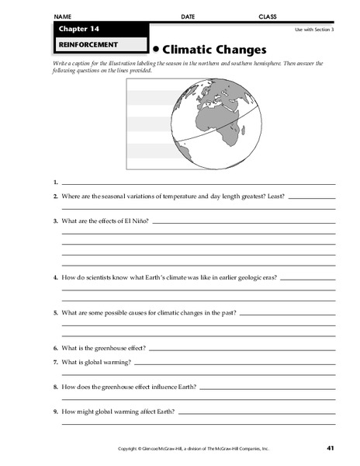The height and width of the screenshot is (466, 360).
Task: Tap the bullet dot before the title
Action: pos(155,49)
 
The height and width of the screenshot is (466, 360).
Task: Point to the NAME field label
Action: pos(63,16)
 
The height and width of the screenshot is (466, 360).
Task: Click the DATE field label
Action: pos(188,16)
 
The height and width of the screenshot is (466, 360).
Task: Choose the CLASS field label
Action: pos(268,16)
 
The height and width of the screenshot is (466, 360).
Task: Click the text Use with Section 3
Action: pos(314,30)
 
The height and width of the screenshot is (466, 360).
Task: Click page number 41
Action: pos(330,448)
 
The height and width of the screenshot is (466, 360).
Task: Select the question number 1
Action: pos(56,183)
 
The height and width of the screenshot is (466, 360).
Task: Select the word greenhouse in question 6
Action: pos(111,349)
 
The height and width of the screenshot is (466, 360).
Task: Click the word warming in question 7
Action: pos(119,362)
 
